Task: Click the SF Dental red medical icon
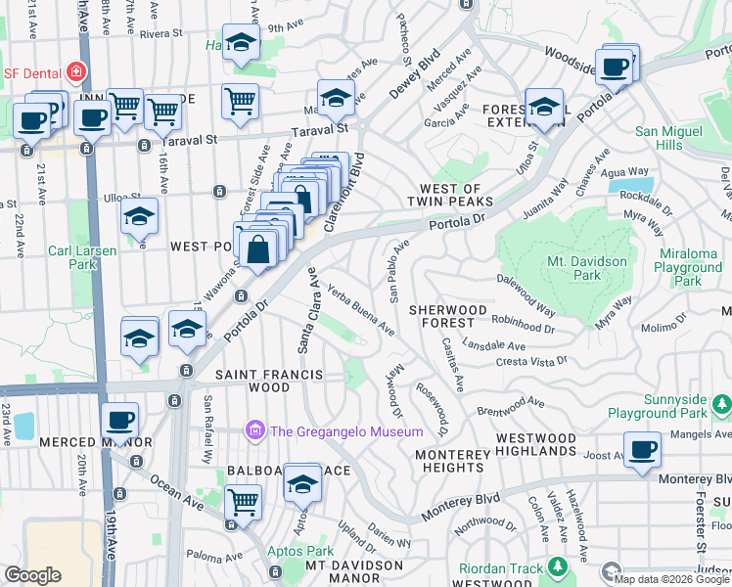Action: click(x=74, y=72)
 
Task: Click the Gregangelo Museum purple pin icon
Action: click(x=255, y=430)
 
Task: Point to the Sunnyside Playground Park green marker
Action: click(x=722, y=403)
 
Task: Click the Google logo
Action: click(x=32, y=575)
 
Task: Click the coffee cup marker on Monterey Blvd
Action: click(x=643, y=449)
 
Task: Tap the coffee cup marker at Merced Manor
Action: click(x=120, y=421)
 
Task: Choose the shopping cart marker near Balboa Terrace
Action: click(x=243, y=502)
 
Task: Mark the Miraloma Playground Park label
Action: click(x=688, y=267)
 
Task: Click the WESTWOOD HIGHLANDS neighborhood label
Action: click(x=536, y=444)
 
